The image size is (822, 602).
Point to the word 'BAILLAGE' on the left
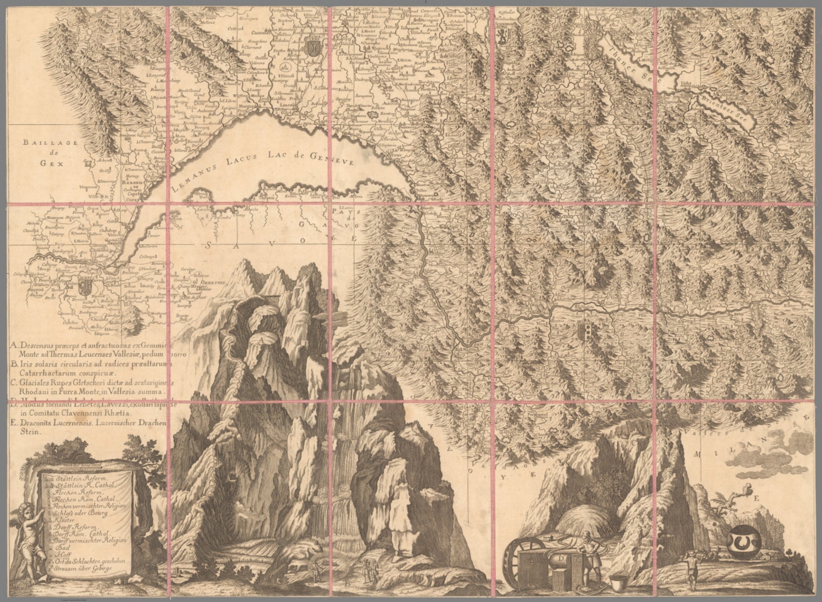pyautogui.click(x=50, y=143)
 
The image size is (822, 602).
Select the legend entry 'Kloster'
pyautogui.click(x=64, y=519)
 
